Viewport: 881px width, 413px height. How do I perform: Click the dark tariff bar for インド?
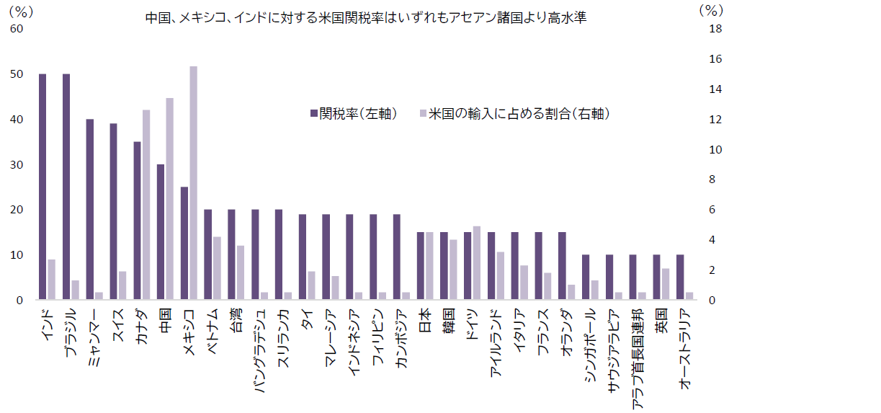pyautogui.click(x=43, y=187)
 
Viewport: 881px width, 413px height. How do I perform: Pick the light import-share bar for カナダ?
pyautogui.click(x=146, y=205)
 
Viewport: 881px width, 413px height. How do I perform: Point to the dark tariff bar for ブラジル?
pyautogui.click(x=66, y=187)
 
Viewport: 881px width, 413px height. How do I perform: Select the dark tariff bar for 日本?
pyautogui.click(x=421, y=266)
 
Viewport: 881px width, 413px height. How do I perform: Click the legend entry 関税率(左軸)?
pyautogui.click(x=354, y=114)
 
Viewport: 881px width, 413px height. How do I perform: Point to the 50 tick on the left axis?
pyautogui.click(x=16, y=74)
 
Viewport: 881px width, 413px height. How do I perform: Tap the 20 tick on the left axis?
pyautogui.click(x=16, y=210)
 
